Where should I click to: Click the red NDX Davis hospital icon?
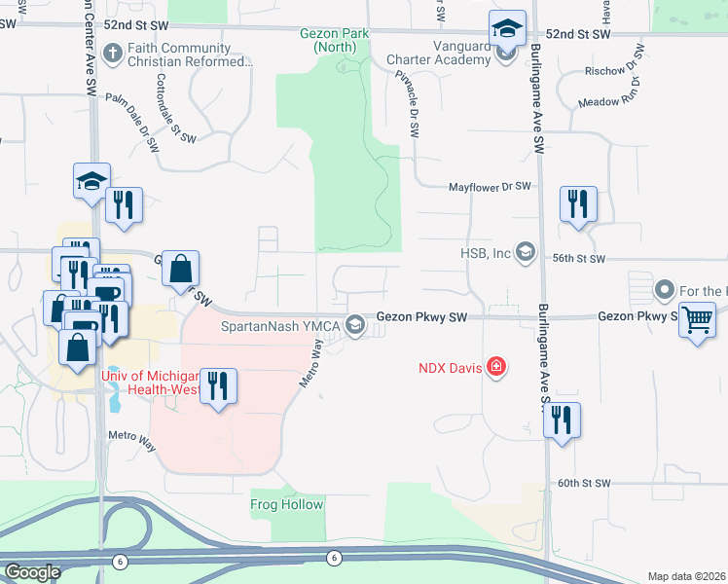(x=496, y=366)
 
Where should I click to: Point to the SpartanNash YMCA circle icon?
(x=356, y=325)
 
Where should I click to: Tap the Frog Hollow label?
(x=288, y=504)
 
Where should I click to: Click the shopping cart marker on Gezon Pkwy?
(x=697, y=318)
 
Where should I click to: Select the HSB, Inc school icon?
(x=526, y=253)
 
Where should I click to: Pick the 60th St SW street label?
(x=583, y=483)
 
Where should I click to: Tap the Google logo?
(x=32, y=571)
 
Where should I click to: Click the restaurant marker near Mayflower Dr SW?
(x=578, y=203)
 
